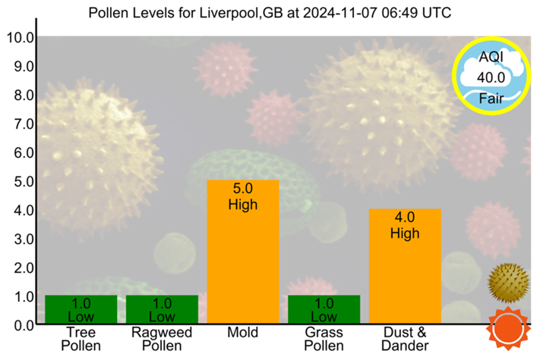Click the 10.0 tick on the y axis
pyautogui.click(x=18, y=37)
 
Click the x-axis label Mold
pyautogui.click(x=243, y=333)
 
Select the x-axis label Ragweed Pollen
pyautogui.click(x=162, y=339)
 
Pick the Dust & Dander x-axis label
pyautogui.click(x=405, y=339)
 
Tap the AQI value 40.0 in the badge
pyautogui.click(x=490, y=77)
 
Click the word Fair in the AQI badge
pyautogui.click(x=490, y=96)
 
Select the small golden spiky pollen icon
pyautogui.click(x=506, y=283)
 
